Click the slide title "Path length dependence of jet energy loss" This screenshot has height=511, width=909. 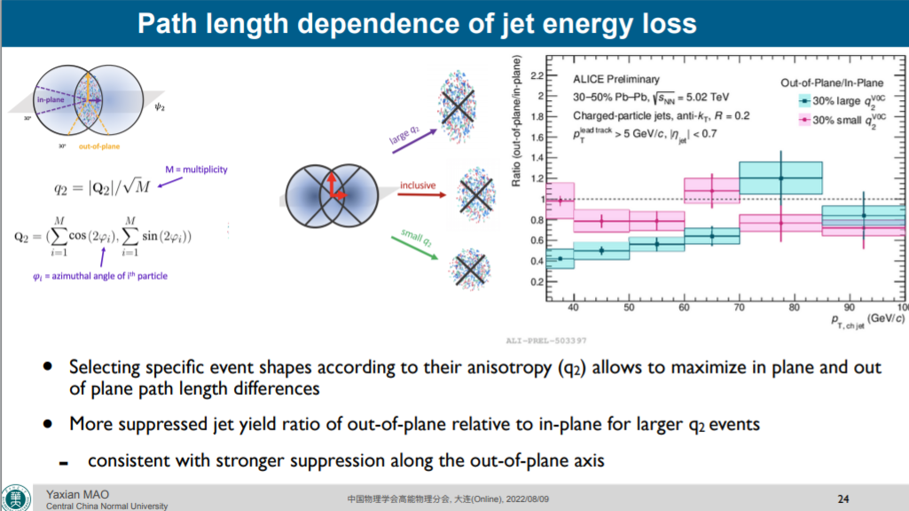(x=417, y=23)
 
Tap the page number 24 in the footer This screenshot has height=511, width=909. (x=843, y=497)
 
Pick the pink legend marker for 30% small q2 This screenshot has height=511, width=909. (x=803, y=119)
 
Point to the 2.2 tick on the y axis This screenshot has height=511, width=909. (x=536, y=75)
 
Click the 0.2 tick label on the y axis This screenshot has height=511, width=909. (x=536, y=282)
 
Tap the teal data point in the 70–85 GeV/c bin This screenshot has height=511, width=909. (x=781, y=178)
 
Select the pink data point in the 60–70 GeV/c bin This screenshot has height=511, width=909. (x=711, y=191)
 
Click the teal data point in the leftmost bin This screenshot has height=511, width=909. (x=560, y=258)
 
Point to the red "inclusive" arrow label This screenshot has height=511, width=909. (x=417, y=185)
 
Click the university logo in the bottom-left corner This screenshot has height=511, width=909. (x=16, y=497)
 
